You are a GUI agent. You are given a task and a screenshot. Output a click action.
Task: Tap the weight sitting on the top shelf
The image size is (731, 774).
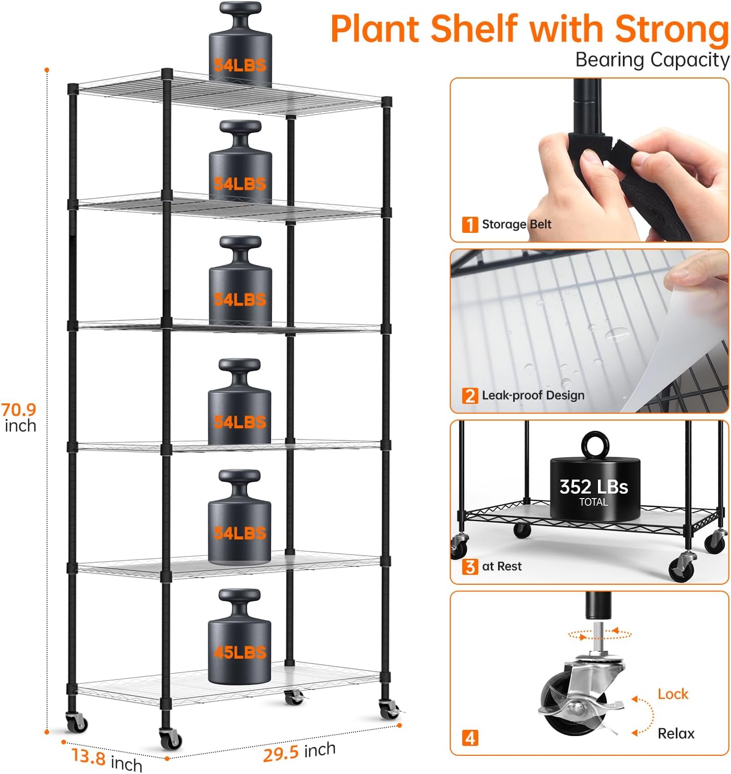(240, 49)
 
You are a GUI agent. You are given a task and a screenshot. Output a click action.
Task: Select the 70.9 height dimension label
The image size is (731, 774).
(19, 410)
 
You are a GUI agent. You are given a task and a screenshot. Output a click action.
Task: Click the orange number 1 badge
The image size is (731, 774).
(469, 225)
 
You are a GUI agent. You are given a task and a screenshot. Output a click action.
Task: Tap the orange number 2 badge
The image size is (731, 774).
(469, 396)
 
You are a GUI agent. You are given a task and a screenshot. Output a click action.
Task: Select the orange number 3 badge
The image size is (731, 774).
(469, 567)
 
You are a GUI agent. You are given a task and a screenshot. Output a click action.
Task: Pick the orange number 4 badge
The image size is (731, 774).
(469, 738)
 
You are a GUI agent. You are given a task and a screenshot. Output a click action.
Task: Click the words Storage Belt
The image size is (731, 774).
(516, 225)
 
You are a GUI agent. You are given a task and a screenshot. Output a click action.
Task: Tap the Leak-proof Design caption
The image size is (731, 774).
(533, 396)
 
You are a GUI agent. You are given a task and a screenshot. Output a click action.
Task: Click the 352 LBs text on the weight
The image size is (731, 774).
(593, 487)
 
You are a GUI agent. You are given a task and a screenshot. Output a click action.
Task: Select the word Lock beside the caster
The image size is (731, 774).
(673, 694)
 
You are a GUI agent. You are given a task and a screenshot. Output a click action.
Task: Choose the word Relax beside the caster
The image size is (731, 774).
(676, 733)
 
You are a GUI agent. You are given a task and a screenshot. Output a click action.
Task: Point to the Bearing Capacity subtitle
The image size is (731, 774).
(652, 60)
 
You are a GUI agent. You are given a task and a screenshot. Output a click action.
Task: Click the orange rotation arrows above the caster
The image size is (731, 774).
(599, 634)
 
